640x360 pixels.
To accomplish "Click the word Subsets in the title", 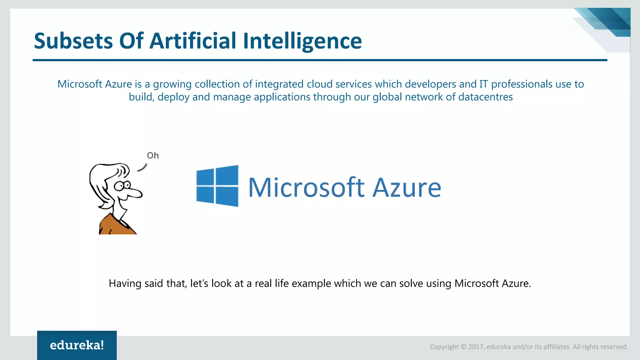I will (73, 41).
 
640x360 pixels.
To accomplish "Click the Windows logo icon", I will (217, 186).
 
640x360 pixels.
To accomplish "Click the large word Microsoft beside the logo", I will (306, 187).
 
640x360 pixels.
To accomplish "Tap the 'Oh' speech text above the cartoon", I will (153, 156).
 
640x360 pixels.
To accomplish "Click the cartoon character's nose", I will (136, 193).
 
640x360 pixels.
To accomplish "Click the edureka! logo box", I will (77, 345).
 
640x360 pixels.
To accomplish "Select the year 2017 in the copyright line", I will (476, 347).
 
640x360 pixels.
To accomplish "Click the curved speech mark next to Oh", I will (142, 168).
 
